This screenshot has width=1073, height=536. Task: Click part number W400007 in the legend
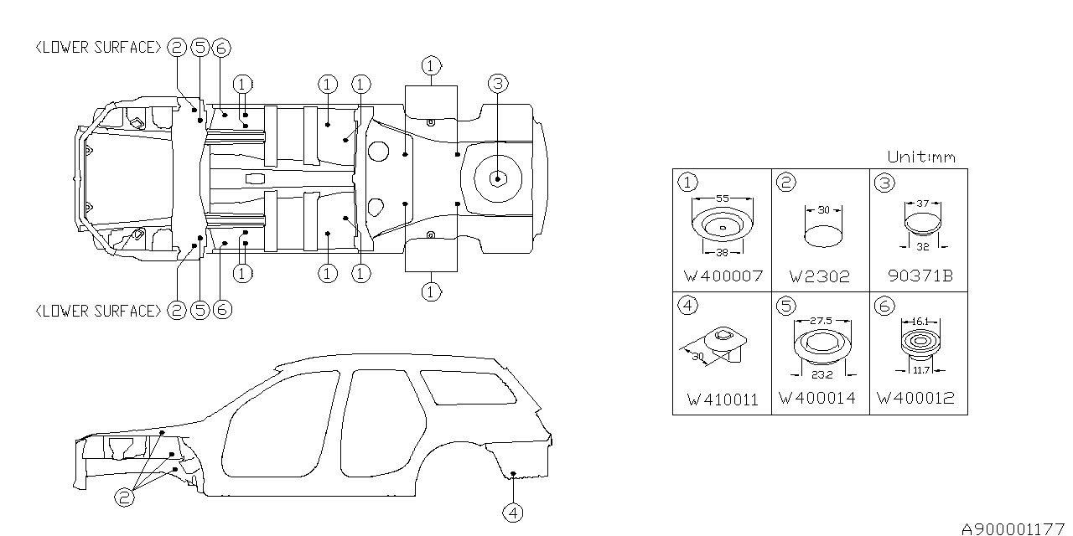pyautogui.click(x=722, y=276)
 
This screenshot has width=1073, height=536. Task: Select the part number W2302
pyautogui.click(x=819, y=276)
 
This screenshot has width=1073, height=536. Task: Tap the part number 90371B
pyautogui.click(x=919, y=276)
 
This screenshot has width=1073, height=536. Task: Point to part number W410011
pyautogui.click(x=722, y=399)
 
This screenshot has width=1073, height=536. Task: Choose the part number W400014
pyautogui.click(x=817, y=398)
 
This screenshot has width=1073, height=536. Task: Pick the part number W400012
pyautogui.click(x=915, y=398)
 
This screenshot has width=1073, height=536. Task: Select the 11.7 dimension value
pyautogui.click(x=920, y=369)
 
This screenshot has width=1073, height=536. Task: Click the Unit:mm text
pyautogui.click(x=920, y=157)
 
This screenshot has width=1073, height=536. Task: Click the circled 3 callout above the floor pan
pyautogui.click(x=497, y=83)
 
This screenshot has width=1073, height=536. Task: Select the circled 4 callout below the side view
pyautogui.click(x=512, y=512)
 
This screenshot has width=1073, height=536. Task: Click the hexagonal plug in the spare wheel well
pyautogui.click(x=497, y=178)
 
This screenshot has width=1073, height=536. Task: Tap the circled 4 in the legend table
pyautogui.click(x=688, y=306)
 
